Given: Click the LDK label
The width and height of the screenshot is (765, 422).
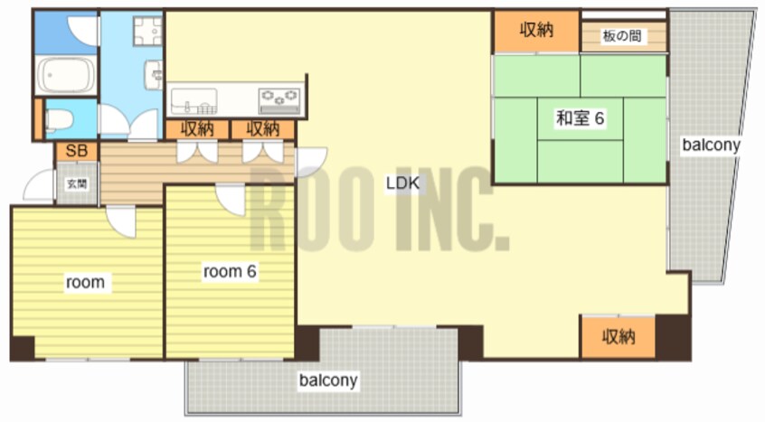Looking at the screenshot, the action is pos(402,183).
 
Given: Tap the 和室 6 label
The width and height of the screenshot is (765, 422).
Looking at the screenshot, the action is pos(581,118).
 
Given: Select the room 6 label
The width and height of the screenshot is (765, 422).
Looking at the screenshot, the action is pos(230,271).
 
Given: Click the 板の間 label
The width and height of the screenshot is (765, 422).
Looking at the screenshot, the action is pos(621,35).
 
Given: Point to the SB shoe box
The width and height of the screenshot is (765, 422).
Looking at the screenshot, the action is pos(77,151).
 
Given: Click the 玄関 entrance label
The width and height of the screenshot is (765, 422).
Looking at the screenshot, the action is pos(77,183).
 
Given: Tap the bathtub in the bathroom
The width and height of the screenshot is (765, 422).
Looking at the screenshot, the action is pos(65,76).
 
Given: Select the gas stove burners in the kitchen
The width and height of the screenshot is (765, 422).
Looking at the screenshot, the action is pos(279,101).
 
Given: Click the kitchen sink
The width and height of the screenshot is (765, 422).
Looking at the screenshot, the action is pos(194,101).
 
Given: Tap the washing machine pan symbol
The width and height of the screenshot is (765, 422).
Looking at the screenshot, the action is pos(147,31).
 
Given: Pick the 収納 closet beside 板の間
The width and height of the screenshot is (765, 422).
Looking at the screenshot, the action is pos(536,31).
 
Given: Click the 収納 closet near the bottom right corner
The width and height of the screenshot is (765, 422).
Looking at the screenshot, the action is pos(619,337).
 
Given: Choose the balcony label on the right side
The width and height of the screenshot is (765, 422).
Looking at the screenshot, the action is pos(711,145).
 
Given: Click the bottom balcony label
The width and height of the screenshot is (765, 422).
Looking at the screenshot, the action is pos(328,380).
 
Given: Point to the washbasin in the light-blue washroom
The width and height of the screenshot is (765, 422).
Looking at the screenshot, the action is pos(154,75).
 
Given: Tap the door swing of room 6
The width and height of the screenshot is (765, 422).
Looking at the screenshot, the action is pos(231,200).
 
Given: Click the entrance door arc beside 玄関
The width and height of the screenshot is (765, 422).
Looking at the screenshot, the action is pos(38,185).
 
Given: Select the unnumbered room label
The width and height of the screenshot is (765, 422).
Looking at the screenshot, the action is pos(85,282).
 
